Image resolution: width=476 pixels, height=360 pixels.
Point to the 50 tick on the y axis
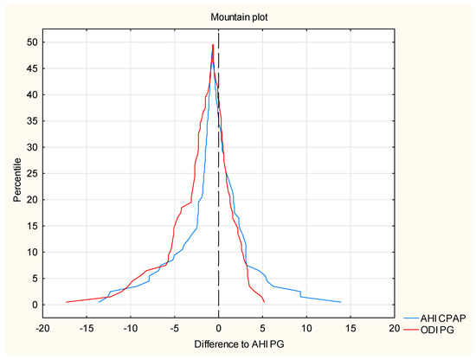(x=31, y=42)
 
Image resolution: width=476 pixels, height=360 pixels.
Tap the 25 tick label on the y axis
(x=31, y=173)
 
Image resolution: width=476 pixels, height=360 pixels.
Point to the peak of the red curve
(x=213, y=44)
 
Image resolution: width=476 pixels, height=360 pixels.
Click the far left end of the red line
(x=67, y=302)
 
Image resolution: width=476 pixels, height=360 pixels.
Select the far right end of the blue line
(x=340, y=302)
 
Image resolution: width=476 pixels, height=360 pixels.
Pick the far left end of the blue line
(x=100, y=302)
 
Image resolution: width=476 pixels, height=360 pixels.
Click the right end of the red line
(x=264, y=302)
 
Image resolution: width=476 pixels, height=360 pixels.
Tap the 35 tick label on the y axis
(x=31, y=121)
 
